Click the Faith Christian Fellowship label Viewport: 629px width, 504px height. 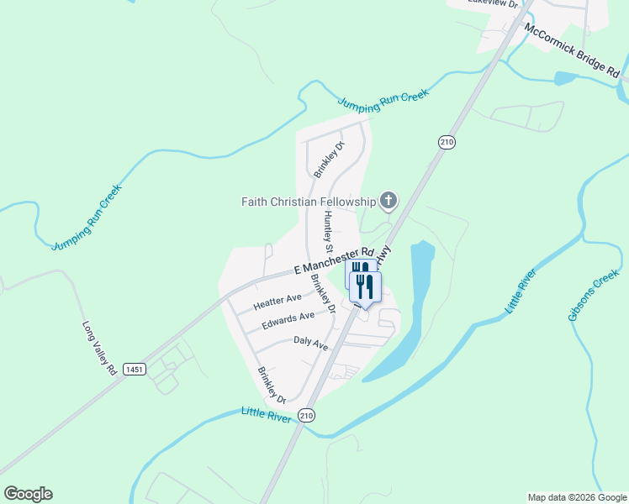(x=308, y=202)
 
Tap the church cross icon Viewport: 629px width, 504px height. (x=388, y=200)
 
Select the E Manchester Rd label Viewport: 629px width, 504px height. (x=334, y=260)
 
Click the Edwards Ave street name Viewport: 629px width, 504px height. (x=288, y=321)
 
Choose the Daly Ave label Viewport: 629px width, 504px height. (x=310, y=343)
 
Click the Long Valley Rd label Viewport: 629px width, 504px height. (x=99, y=348)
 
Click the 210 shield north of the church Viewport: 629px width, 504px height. (x=446, y=143)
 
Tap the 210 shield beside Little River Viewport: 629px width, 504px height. (x=307, y=415)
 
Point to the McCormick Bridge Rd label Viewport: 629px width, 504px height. (x=576, y=51)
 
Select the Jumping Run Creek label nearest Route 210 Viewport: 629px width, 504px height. (x=383, y=99)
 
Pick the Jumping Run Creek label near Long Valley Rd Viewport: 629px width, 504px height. (x=87, y=218)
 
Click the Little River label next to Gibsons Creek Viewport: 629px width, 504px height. (x=521, y=291)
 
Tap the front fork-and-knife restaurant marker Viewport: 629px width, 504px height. (x=366, y=287)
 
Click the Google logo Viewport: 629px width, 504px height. (x=28, y=494)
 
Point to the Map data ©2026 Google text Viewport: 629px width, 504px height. (x=576, y=497)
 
